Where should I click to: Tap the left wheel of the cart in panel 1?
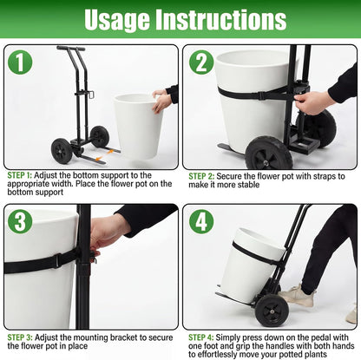pyautogui.click(x=62, y=151)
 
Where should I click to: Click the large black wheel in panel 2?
pyautogui.click(x=267, y=154)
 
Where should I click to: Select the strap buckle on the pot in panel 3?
pyautogui.click(x=57, y=260)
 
